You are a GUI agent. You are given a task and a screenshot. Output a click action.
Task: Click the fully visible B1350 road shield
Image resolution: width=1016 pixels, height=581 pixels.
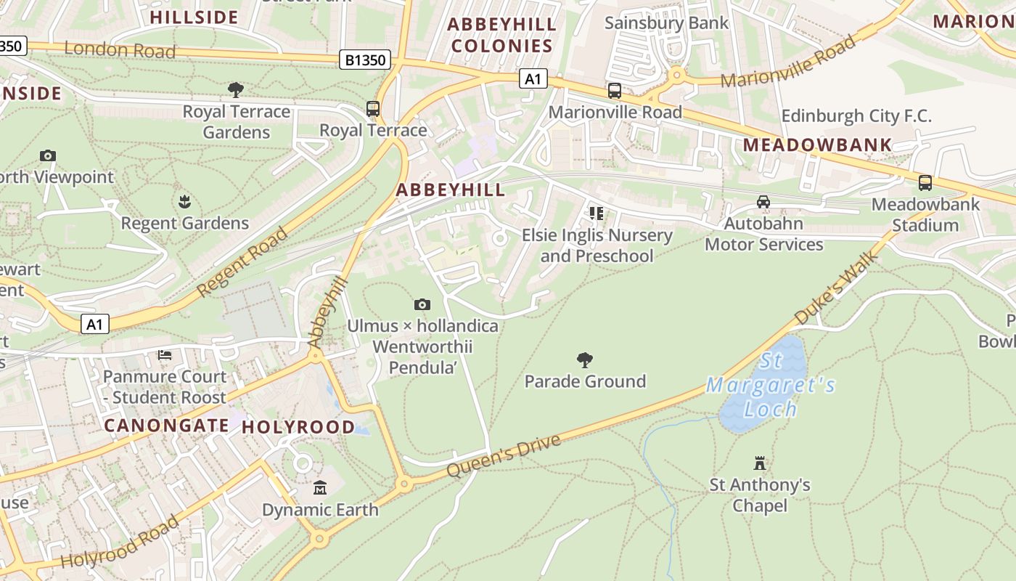click(x=366, y=60)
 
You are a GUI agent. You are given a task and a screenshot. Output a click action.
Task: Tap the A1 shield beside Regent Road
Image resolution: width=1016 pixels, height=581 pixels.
click(x=95, y=324)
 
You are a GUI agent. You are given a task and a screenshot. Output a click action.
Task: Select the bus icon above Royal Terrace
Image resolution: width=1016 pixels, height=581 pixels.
click(x=373, y=109)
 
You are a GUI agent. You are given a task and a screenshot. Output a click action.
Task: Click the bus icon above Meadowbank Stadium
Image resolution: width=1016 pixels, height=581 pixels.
click(x=925, y=183)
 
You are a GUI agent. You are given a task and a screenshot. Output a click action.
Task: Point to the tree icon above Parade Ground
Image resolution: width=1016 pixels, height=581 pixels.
click(x=585, y=359)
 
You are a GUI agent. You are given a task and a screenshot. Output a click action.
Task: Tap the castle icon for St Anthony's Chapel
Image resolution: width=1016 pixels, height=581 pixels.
click(x=760, y=463)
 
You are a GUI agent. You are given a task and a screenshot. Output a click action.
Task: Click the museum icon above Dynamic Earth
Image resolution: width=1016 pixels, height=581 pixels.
click(x=320, y=488)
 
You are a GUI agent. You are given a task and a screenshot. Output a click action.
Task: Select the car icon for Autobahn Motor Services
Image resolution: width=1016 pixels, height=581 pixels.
click(x=763, y=202)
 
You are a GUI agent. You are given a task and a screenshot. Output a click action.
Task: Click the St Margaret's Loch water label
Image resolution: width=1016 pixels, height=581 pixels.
click(x=771, y=385)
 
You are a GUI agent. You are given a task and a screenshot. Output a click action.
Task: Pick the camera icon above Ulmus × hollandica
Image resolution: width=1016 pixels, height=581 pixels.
click(x=422, y=304)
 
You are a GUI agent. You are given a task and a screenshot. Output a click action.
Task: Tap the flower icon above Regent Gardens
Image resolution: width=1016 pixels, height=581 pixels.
click(x=184, y=201)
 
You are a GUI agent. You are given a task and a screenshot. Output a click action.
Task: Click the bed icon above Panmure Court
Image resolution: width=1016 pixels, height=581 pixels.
click(x=165, y=355)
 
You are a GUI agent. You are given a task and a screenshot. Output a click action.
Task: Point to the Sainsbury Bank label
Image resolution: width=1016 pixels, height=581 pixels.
click(x=666, y=23)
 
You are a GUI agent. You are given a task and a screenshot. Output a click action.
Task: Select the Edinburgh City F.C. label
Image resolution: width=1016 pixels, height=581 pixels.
click(x=856, y=116)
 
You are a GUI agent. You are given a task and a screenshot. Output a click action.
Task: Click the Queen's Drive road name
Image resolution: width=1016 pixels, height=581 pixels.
click(x=504, y=455)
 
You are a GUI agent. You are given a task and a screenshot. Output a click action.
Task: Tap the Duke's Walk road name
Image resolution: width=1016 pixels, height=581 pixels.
click(x=837, y=288)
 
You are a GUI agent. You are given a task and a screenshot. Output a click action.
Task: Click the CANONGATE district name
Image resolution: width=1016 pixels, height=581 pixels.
click(x=167, y=425)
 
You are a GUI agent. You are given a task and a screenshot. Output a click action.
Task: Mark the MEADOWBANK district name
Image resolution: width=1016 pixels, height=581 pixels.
click(x=817, y=145)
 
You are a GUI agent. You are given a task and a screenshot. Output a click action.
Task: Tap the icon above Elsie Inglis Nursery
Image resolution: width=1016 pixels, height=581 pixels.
click(x=596, y=214)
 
